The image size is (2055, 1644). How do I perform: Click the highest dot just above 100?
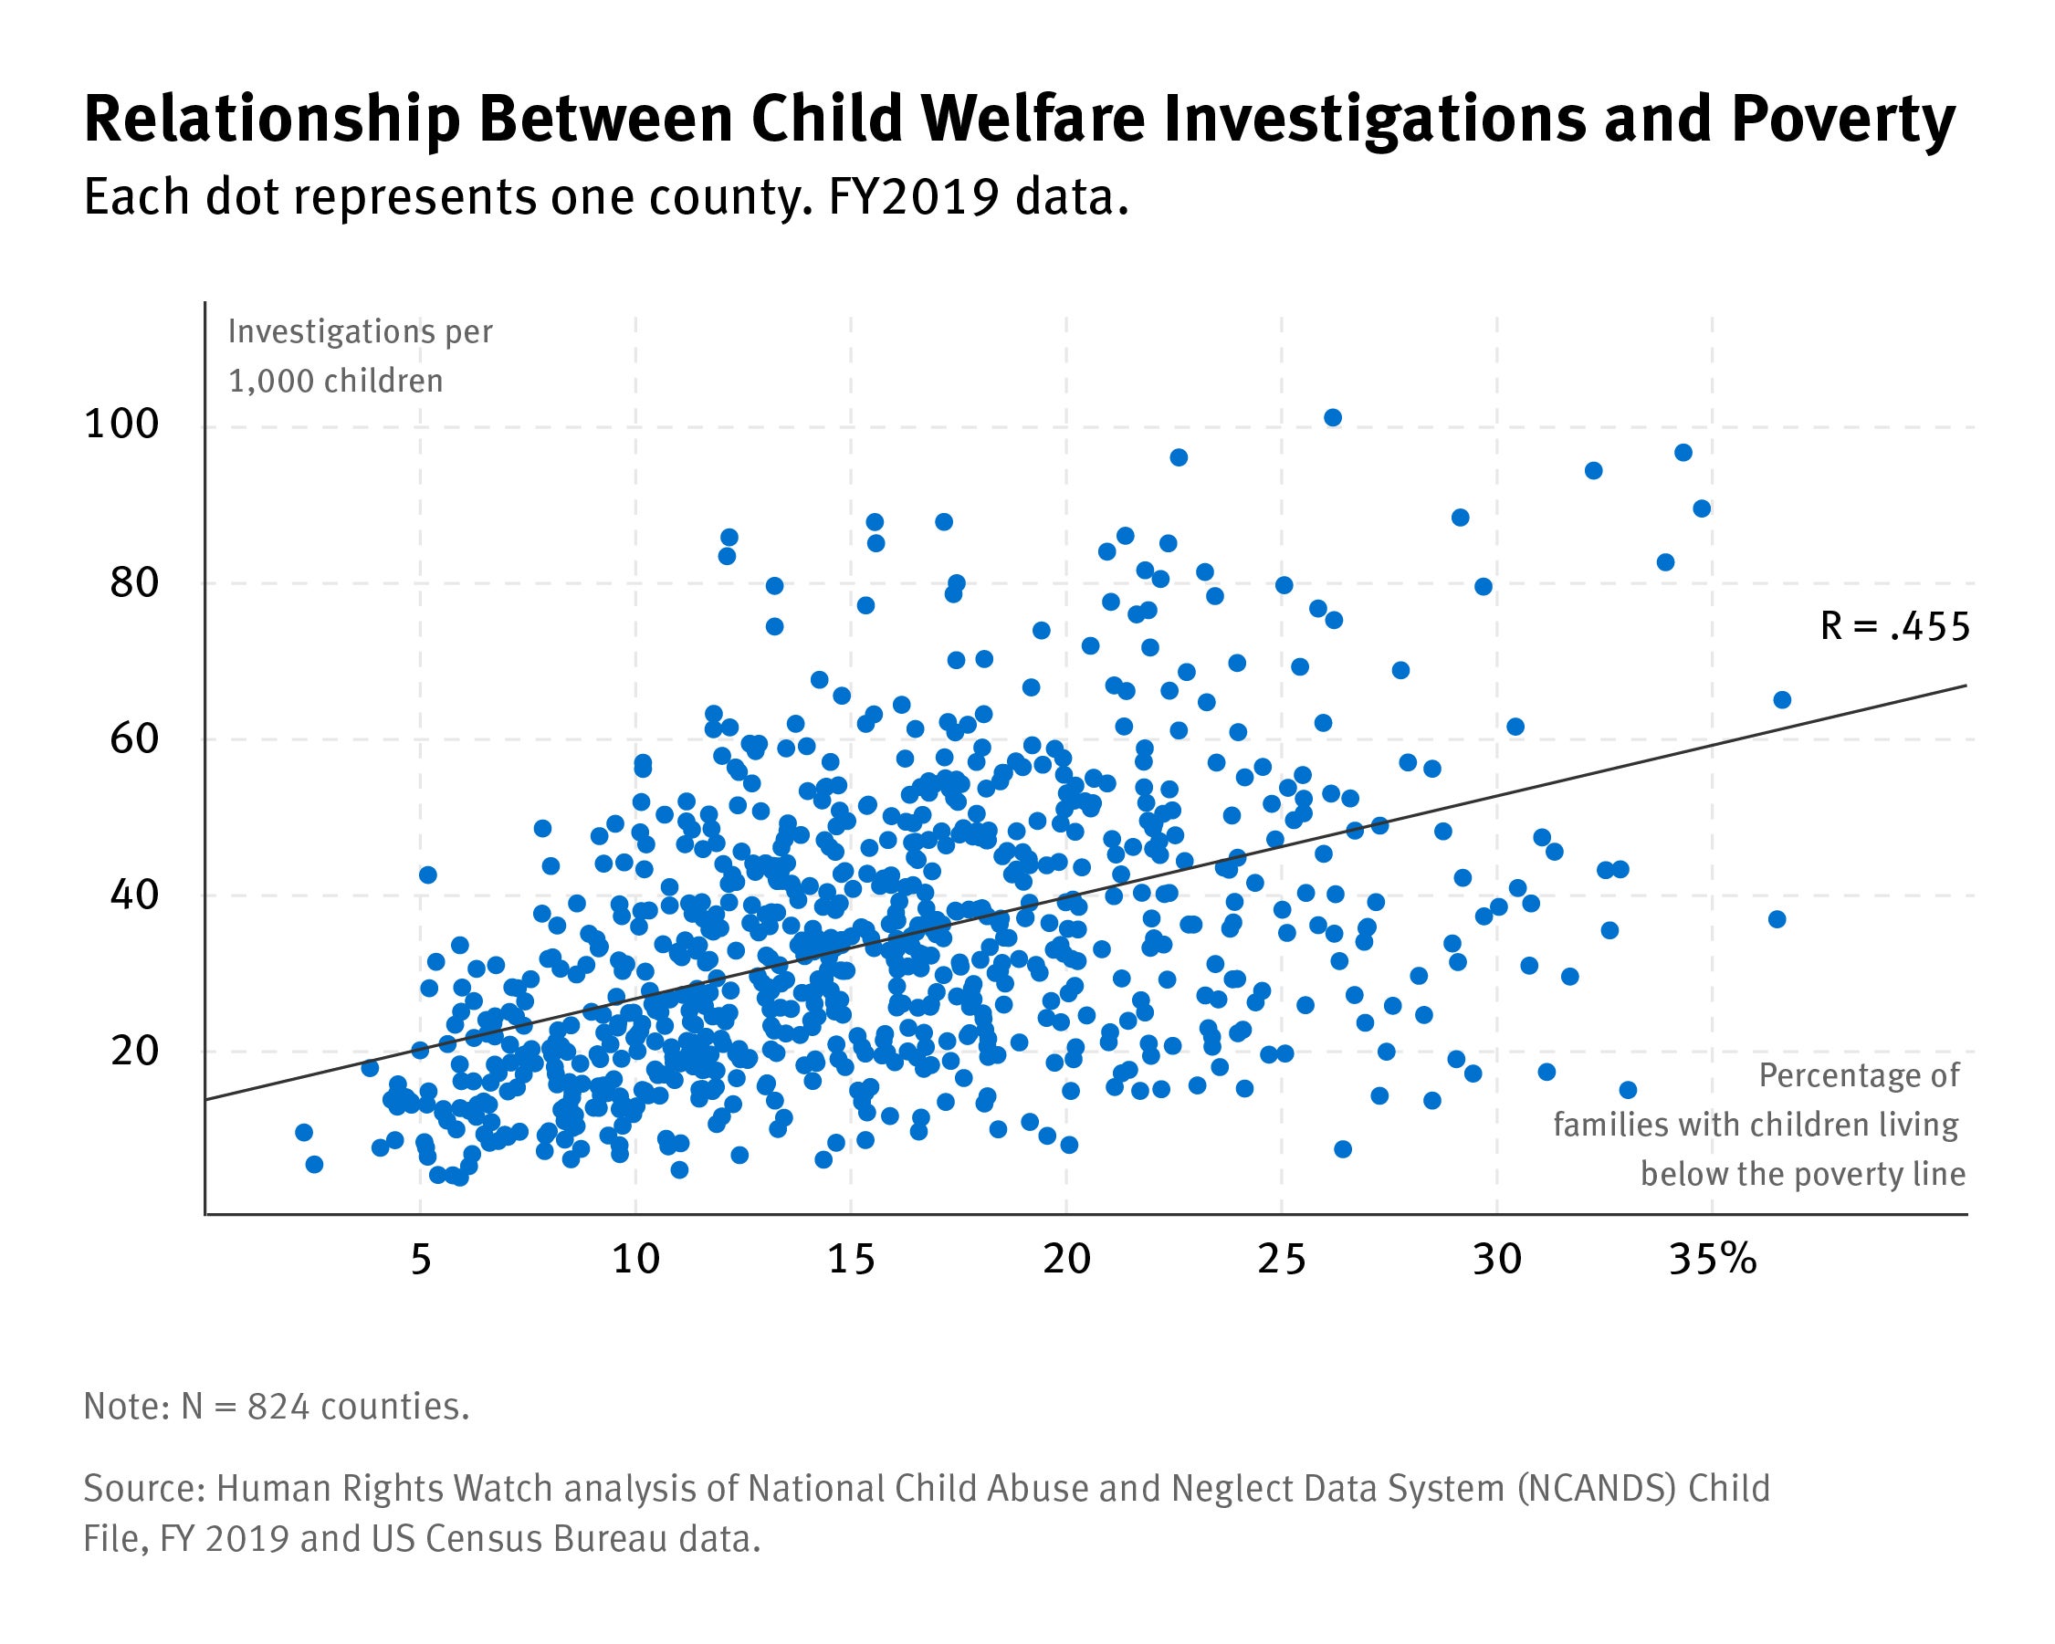pos(1333,417)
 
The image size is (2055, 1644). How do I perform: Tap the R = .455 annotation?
pos(1894,627)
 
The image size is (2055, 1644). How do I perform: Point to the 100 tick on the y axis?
pos(121,424)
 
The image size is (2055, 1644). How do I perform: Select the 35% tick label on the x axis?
pos(1712,1261)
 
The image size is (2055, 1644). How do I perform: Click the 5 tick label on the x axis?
pos(420,1261)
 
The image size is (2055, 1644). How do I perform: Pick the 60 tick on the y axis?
pos(133,738)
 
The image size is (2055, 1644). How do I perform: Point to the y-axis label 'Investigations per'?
pos(360,331)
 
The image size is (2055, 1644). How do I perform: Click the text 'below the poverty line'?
pos(1802,1173)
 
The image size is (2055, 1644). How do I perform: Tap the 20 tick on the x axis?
pos(1065,1261)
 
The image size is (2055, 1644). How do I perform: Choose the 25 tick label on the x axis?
pos(1281,1261)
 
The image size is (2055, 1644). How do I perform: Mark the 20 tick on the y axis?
pos(133,1052)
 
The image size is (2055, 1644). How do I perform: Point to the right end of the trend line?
pos(1966,686)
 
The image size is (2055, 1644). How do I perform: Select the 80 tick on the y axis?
pos(133,582)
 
